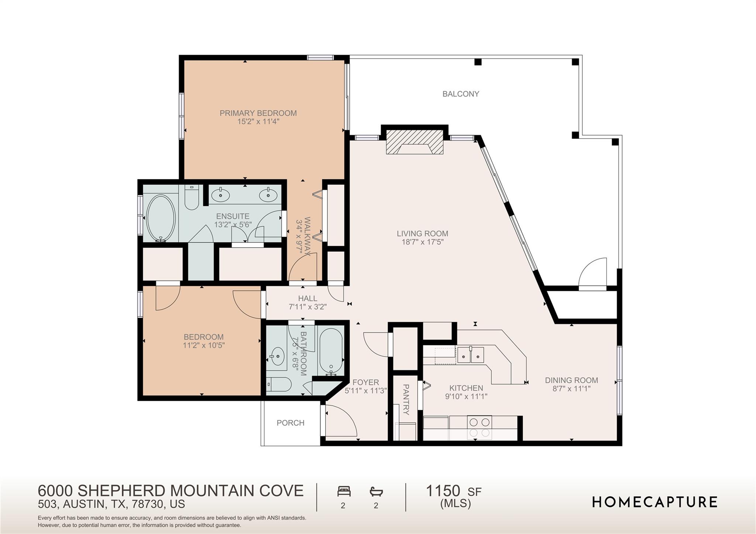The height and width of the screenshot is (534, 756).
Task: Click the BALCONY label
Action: coord(461,94)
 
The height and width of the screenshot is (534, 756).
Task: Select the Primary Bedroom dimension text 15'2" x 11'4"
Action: coord(258,121)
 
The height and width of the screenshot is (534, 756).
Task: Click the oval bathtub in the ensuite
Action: coord(161,218)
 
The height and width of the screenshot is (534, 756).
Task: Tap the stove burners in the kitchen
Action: coord(480,427)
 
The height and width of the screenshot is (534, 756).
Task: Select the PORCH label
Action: coord(291,423)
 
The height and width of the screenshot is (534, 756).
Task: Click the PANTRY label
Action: coord(405,400)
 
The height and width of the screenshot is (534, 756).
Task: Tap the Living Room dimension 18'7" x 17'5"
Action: coord(422,242)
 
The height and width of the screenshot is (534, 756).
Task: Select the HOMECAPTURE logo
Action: coord(654,502)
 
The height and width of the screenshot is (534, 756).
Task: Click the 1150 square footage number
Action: coord(443,491)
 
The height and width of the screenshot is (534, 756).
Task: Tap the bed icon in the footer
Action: coord(344,492)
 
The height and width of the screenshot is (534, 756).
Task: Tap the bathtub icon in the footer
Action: coord(376,492)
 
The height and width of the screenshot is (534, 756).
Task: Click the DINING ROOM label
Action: coord(571,380)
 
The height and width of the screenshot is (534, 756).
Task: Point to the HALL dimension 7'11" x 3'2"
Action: coord(307,307)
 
